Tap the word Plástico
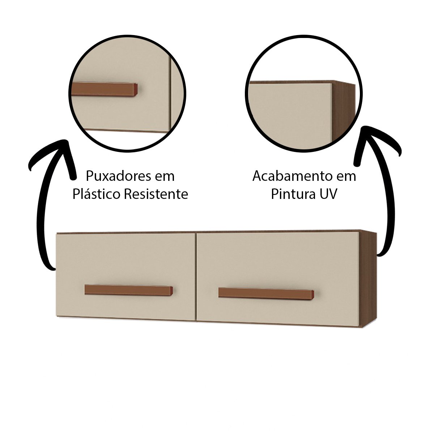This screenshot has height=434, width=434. click(x=97, y=194)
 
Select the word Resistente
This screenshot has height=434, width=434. click(x=157, y=194)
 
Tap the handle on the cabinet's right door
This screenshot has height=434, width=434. click(x=266, y=293)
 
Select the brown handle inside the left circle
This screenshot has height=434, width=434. click(x=105, y=89)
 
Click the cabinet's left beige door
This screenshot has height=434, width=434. click(x=125, y=277)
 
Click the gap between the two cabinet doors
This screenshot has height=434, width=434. click(x=196, y=277)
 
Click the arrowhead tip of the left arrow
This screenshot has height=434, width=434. click(x=65, y=140)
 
